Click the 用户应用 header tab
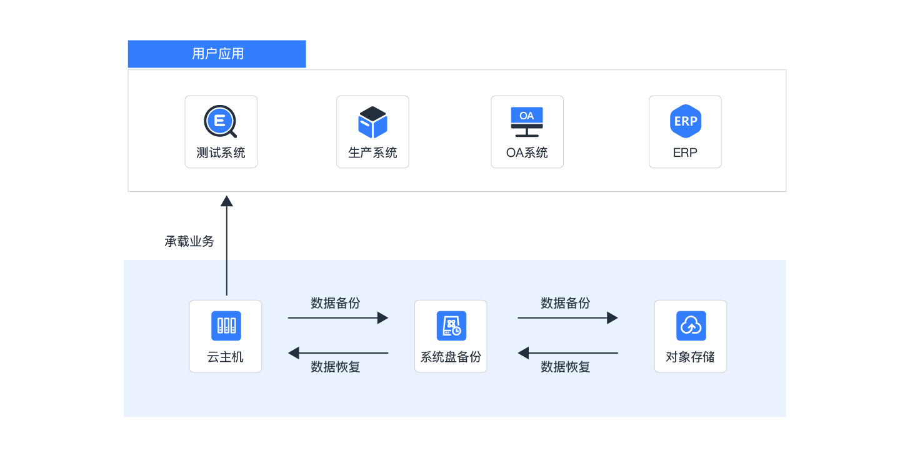[x=217, y=54]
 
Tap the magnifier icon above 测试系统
[x=220, y=121]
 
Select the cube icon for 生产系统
[x=372, y=122]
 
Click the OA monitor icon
[x=527, y=122]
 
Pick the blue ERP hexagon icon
[x=685, y=121]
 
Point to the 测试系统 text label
[x=221, y=152]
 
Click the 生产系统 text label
[x=372, y=152]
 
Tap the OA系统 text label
[x=527, y=152]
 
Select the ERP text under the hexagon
[x=685, y=152]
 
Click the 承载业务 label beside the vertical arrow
[x=189, y=242]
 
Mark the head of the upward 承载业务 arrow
[x=227, y=201]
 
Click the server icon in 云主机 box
[x=226, y=326]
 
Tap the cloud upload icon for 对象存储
[x=691, y=326]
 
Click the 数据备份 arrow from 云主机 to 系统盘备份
[x=337, y=318]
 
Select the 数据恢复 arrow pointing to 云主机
[x=337, y=353]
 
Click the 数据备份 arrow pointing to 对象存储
[x=567, y=318]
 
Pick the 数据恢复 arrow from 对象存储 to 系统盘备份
[x=567, y=353]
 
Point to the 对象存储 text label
[x=690, y=357]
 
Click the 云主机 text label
[x=226, y=357]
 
